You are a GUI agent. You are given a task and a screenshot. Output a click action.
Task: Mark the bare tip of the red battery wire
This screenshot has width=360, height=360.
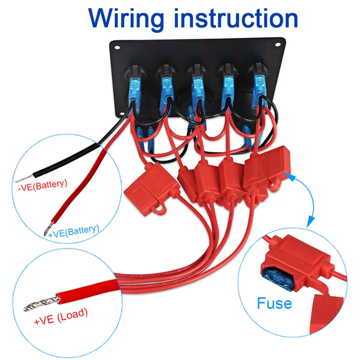tap(47, 231)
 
